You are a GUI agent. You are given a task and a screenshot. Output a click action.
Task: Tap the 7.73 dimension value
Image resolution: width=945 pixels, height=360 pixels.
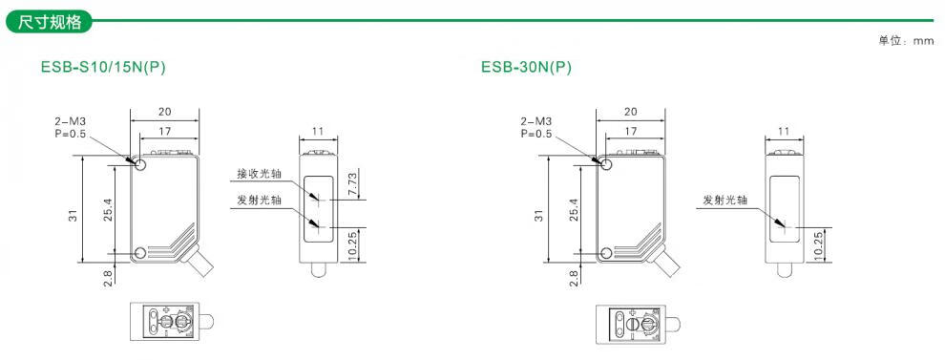(353, 184)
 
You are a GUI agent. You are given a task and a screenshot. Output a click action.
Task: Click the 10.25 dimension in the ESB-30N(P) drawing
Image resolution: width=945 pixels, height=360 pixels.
(818, 244)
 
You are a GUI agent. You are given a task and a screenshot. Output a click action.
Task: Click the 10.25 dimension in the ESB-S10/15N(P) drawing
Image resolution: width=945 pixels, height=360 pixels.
(353, 244)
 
